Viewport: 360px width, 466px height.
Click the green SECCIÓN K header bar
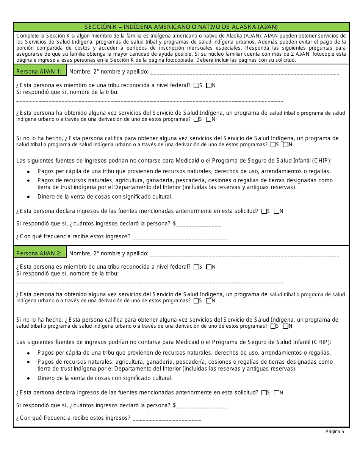(x=181, y=27)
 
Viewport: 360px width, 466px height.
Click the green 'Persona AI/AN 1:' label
(x=39, y=71)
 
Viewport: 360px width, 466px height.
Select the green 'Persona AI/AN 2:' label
(x=39, y=253)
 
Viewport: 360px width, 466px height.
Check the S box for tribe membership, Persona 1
(x=196, y=86)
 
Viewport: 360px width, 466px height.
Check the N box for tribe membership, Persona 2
(x=209, y=267)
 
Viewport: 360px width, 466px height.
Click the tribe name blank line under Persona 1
(x=150, y=101)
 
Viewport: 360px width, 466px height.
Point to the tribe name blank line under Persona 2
(x=150, y=283)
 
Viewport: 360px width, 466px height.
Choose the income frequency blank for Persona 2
(x=167, y=419)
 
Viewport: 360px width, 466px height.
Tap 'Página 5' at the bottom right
(x=335, y=431)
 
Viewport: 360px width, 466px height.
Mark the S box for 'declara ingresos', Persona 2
(x=264, y=393)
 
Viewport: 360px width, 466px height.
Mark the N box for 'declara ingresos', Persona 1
(x=277, y=211)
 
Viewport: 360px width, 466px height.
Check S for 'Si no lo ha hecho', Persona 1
(x=273, y=144)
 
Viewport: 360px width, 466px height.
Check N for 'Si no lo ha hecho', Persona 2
(x=286, y=326)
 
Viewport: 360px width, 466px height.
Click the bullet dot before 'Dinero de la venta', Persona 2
(x=29, y=378)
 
